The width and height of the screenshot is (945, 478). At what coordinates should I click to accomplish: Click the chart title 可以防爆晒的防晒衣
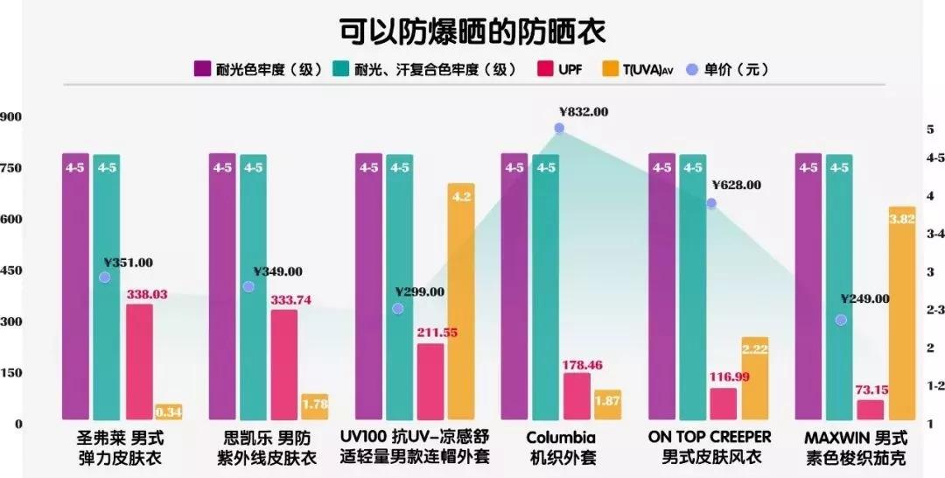tap(472, 30)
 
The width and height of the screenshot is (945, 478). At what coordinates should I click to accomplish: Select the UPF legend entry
tap(560, 69)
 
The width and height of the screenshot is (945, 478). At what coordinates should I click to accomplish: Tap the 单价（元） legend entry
tap(726, 69)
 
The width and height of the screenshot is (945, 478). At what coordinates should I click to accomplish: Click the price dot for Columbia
tap(559, 128)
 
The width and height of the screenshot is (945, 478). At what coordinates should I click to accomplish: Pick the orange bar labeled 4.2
tap(460, 302)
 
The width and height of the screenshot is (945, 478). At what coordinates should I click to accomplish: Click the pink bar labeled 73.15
tap(871, 410)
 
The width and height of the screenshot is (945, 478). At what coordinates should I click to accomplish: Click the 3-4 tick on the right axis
tap(934, 234)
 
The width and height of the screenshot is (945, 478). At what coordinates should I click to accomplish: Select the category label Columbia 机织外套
tap(561, 446)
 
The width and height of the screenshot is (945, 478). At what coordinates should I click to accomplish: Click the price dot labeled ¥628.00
tap(711, 203)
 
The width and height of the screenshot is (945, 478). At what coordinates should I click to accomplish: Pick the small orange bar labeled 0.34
tap(168, 411)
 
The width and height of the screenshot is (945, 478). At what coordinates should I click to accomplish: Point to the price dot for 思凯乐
tap(248, 286)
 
